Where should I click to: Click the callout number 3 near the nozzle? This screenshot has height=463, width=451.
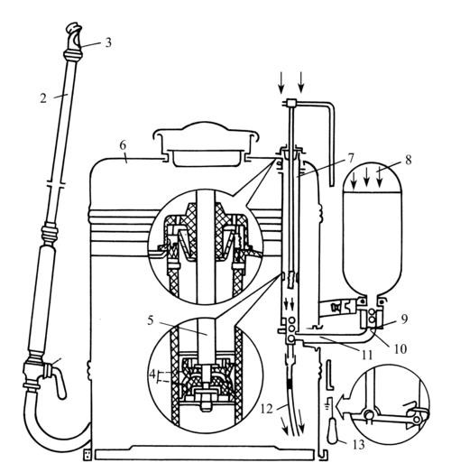click(x=108, y=42)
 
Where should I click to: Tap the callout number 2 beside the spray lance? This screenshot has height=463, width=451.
click(x=43, y=98)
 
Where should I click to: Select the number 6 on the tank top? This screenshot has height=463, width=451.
click(x=123, y=145)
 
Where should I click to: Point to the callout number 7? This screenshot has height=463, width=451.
click(x=351, y=158)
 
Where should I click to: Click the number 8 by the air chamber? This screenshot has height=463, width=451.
click(x=408, y=160)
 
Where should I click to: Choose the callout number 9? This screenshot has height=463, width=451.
click(x=405, y=319)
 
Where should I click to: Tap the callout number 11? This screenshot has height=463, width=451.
click(x=366, y=355)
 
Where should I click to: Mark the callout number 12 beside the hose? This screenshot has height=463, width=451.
click(x=266, y=409)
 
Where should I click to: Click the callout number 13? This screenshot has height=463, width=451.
click(x=359, y=444)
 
